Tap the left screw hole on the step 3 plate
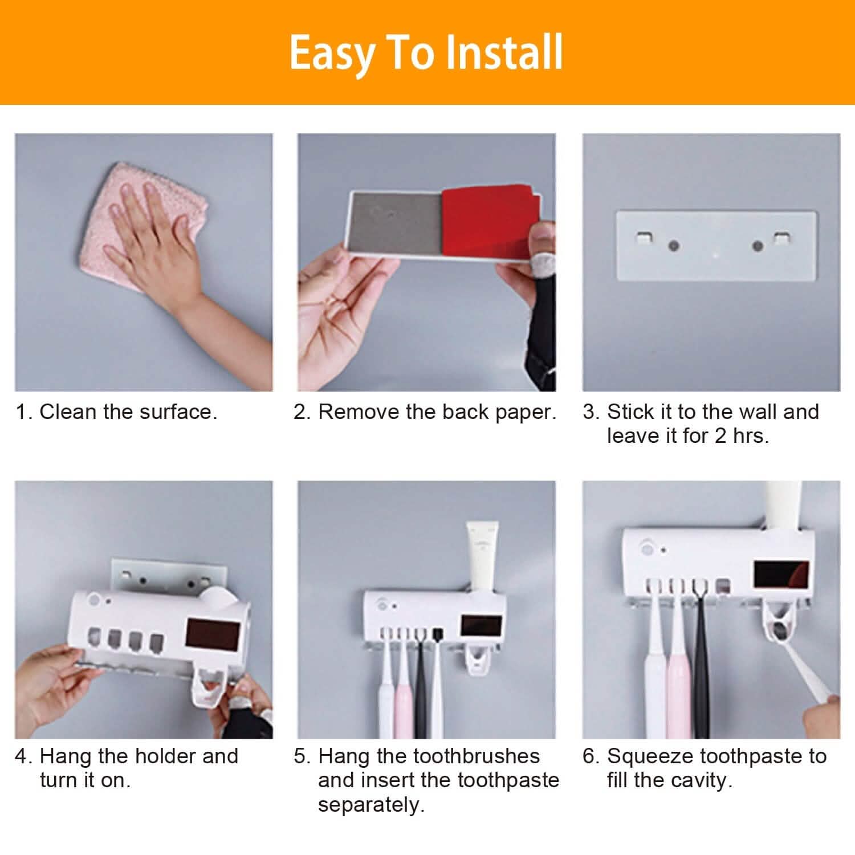point(674,246)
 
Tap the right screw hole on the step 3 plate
point(758,246)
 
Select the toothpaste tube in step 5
point(482,553)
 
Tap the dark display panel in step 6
point(781,575)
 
